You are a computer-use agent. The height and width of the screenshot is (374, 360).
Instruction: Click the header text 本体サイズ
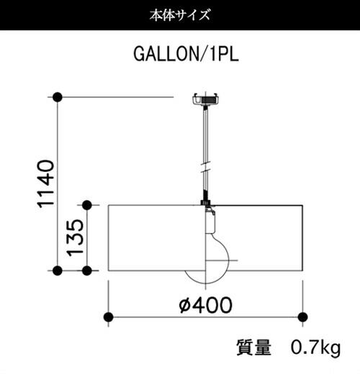click(180, 15)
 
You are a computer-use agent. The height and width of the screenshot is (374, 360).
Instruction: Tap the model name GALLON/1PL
click(186, 54)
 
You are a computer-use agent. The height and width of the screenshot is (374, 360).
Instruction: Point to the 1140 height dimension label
click(46, 183)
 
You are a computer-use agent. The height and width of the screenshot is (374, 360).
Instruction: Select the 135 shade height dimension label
click(75, 237)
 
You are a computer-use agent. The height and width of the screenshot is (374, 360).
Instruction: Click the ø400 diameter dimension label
click(206, 305)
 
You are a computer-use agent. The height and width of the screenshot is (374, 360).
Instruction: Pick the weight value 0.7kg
click(315, 348)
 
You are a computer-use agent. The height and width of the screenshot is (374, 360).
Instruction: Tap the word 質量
click(254, 347)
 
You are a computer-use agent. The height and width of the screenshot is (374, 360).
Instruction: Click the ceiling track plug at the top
click(206, 99)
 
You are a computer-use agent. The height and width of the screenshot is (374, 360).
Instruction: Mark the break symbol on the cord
click(206, 167)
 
